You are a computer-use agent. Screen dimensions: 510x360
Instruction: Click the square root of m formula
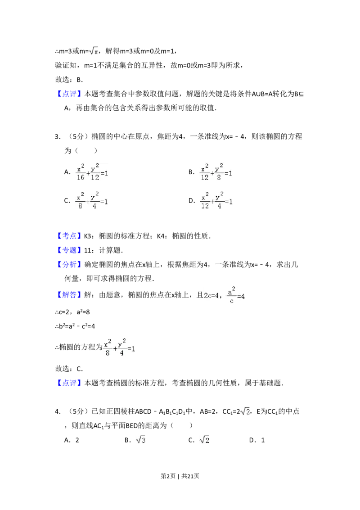pyautogui.click(x=94, y=51)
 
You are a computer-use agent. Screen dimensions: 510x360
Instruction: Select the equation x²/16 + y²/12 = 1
pyautogui.click(x=92, y=173)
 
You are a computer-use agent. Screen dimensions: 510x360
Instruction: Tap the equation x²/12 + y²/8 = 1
pyautogui.click(x=216, y=173)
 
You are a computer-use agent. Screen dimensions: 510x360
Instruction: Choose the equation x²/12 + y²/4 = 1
pyautogui.click(x=216, y=200)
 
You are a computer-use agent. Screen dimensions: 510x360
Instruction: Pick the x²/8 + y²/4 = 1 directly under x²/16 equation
pyautogui.click(x=92, y=200)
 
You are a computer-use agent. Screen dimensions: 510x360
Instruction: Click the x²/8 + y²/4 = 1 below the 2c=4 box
pyautogui.click(x=119, y=348)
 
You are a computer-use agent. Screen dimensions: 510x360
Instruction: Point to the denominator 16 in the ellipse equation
pyautogui.click(x=81, y=177)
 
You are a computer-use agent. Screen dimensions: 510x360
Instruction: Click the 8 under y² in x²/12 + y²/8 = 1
pyautogui.click(x=218, y=177)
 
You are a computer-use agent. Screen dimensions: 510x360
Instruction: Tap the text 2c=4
pyautogui.click(x=211, y=295)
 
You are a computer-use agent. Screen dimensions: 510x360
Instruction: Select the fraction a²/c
pyautogui.click(x=231, y=295)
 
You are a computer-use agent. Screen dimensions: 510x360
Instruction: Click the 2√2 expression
pyautogui.click(x=245, y=411)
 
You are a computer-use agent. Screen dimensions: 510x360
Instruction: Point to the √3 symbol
pyautogui.click(x=140, y=439)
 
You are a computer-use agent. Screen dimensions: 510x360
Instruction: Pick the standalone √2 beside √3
pyautogui.click(x=205, y=439)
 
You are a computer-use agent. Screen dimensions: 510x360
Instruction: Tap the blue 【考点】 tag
pyautogui.click(x=70, y=235)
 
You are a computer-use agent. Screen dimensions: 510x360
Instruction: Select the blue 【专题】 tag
pyautogui.click(x=70, y=250)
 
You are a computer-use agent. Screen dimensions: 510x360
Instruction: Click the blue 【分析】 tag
pyautogui.click(x=70, y=265)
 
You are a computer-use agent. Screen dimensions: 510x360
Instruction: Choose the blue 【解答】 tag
pyautogui.click(x=70, y=295)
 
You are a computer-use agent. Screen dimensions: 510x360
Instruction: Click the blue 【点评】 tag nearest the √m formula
pyautogui.click(x=70, y=94)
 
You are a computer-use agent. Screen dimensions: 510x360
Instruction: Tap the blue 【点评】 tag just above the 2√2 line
pyautogui.click(x=70, y=384)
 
